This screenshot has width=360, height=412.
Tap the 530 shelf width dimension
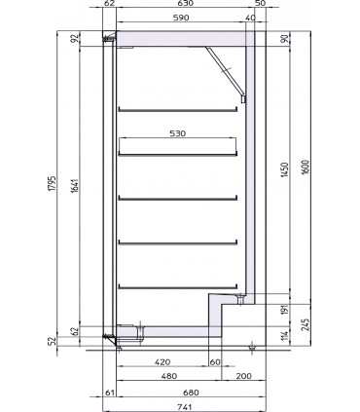[177, 132]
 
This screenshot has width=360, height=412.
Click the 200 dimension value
[241, 376]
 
